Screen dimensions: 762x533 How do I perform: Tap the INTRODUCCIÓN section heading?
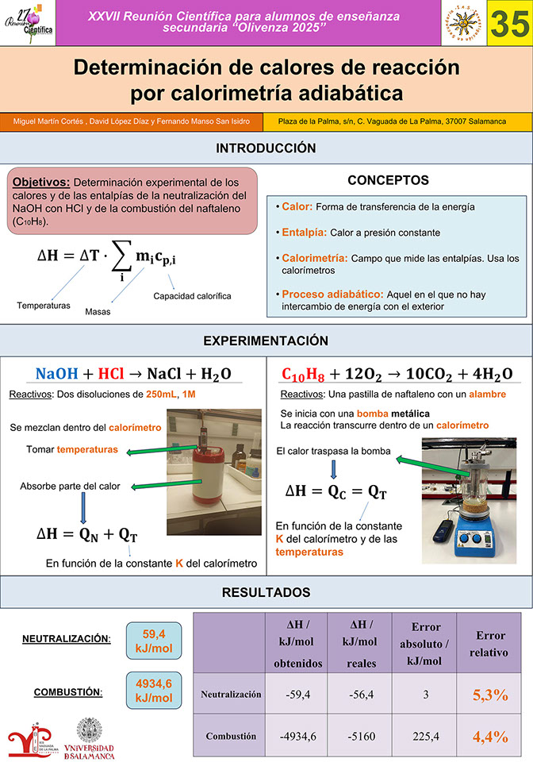pyautogui.click(x=266, y=148)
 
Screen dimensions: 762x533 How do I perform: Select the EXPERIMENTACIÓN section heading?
pyautogui.click(x=266, y=341)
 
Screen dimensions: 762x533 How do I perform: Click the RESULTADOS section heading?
pyautogui.click(x=266, y=592)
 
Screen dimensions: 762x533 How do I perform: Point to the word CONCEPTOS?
pyautogui.click(x=388, y=180)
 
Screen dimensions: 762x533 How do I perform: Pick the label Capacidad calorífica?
pyautogui.click(x=192, y=296)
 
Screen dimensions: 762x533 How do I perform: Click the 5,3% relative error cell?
pyautogui.click(x=489, y=695)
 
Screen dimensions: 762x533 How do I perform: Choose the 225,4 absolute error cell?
pyautogui.click(x=426, y=736)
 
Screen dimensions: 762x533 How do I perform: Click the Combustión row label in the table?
pyautogui.click(x=231, y=736)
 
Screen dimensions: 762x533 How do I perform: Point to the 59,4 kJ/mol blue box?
pyautogui.click(x=154, y=641)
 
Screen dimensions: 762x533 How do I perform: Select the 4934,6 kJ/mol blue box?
pyautogui.click(x=154, y=690)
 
